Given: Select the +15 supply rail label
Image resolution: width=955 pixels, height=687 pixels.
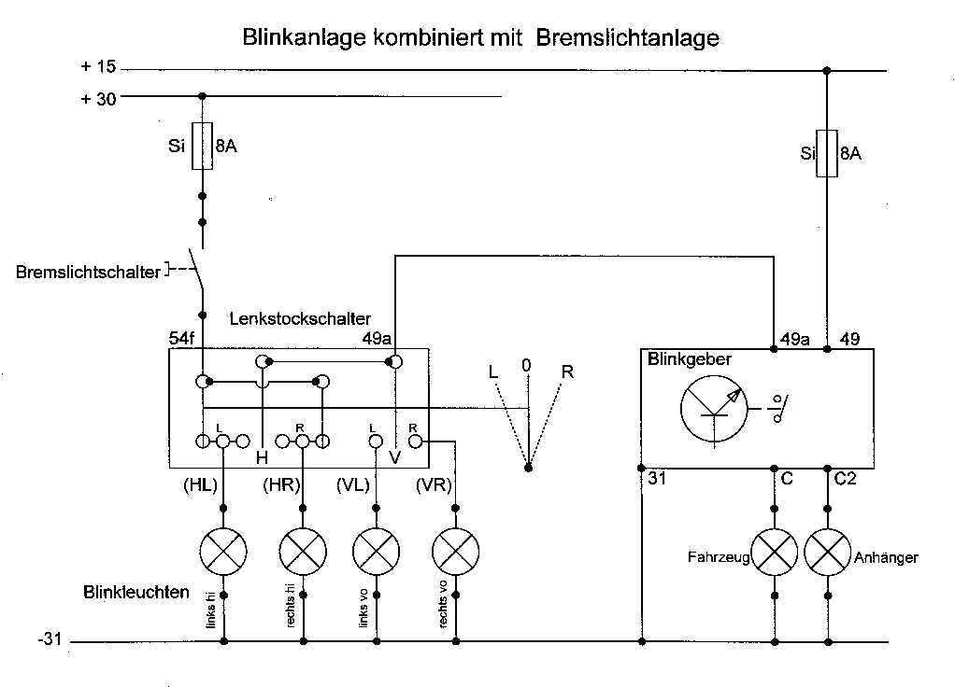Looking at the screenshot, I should coord(98,67).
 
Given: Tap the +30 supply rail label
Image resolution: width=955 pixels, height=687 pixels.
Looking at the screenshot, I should coord(98,97).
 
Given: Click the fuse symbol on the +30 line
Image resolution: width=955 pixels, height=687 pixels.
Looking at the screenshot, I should coord(202,146).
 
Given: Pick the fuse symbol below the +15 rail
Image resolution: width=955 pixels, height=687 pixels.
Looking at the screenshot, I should coord(826,152).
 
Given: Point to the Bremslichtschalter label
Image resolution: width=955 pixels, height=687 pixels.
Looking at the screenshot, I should coord(89,272).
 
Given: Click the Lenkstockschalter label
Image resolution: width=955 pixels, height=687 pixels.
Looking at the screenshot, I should coord(300,318).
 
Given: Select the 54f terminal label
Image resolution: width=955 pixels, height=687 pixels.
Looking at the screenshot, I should coord(181,339).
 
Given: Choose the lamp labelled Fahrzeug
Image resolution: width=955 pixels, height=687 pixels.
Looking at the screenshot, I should coord(774,552).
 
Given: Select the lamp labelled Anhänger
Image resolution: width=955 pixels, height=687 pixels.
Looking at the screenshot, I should coord(827,552).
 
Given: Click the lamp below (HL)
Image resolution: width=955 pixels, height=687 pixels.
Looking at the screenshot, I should coord(224,552).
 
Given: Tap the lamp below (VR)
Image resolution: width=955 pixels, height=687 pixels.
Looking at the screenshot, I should coord(456,552).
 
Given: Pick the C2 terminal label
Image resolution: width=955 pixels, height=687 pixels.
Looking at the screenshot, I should coord(845,479).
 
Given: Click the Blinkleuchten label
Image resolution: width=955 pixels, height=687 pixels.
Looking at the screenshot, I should coord(136,592).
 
